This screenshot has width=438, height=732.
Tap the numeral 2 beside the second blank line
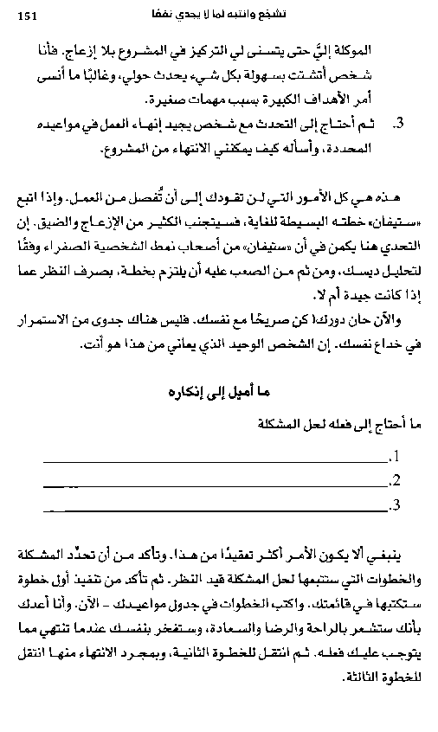coord(395,480)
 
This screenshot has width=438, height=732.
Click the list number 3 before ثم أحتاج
coord(399,125)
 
